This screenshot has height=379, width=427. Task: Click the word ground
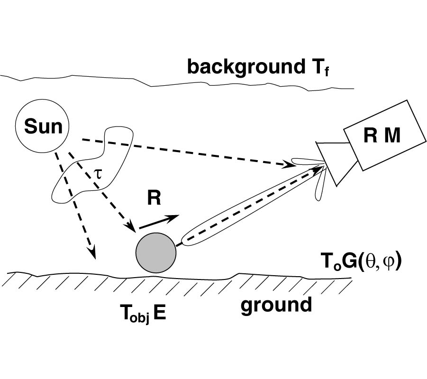tap(276, 305)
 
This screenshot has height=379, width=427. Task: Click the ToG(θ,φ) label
tap(361, 261)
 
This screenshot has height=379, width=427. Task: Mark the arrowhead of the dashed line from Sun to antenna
tap(290, 164)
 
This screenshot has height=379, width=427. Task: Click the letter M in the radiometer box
tap(391, 136)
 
